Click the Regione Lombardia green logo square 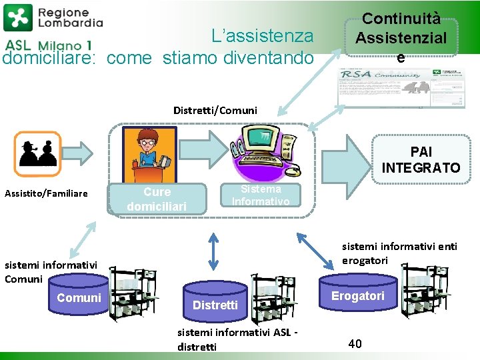17,18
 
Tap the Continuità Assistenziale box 401,39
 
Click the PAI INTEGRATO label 421,160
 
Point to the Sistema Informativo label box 260,195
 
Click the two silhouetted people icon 37,153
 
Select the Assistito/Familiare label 46,194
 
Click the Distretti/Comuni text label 215,110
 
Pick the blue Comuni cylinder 79,298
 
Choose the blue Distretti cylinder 215,305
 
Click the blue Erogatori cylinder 358,295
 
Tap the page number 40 355,344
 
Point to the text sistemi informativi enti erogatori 400,253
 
